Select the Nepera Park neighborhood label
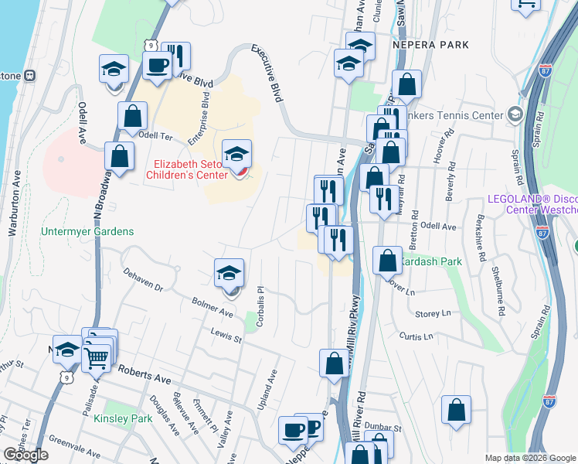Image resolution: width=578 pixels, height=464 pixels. tap(431, 45)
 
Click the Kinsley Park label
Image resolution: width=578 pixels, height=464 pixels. tap(123, 418)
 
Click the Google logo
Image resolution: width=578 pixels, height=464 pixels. tap(25, 455)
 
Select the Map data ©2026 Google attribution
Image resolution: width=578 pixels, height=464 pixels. tap(531, 458)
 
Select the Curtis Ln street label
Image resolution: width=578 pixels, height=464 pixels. tap(416, 336)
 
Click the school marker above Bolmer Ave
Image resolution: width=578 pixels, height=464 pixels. tap(229, 275)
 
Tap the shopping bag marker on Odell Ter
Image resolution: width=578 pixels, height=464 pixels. tap(132, 118)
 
